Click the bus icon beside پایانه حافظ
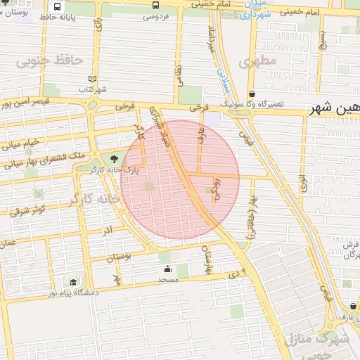coord(57,6)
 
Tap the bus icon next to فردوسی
coord(155,5)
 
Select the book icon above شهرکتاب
coord(91,79)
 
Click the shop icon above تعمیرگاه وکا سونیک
coord(252,94)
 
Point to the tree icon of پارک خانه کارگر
coord(115,158)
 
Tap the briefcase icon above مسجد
coord(167,269)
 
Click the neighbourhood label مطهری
coord(258,61)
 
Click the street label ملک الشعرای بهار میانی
coord(45,159)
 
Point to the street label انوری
coord(303,184)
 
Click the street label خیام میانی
coord(20,145)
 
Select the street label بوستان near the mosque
coord(119,258)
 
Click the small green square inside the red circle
coord(148,186)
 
